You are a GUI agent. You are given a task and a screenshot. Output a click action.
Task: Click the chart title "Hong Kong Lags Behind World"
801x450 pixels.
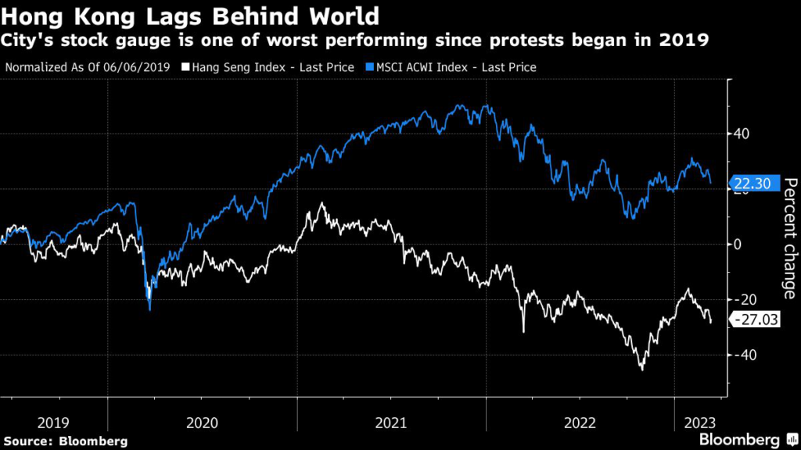pyautogui.click(x=191, y=16)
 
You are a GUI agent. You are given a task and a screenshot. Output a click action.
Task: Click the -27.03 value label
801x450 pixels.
pyautogui.click(x=756, y=319)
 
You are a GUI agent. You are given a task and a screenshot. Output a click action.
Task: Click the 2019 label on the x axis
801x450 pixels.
pyautogui.click(x=52, y=423)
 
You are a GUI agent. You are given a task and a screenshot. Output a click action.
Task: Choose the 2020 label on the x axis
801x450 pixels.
pyautogui.click(x=202, y=423)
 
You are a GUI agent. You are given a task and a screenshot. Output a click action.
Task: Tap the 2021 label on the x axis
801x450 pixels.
pyautogui.click(x=391, y=423)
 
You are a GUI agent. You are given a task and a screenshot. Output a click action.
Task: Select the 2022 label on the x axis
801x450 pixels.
pyautogui.click(x=580, y=423)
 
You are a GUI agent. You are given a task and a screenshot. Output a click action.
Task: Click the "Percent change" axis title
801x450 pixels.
pyautogui.click(x=789, y=238)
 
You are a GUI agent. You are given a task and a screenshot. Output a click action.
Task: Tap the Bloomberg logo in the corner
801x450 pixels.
pyautogui.click(x=747, y=440)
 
